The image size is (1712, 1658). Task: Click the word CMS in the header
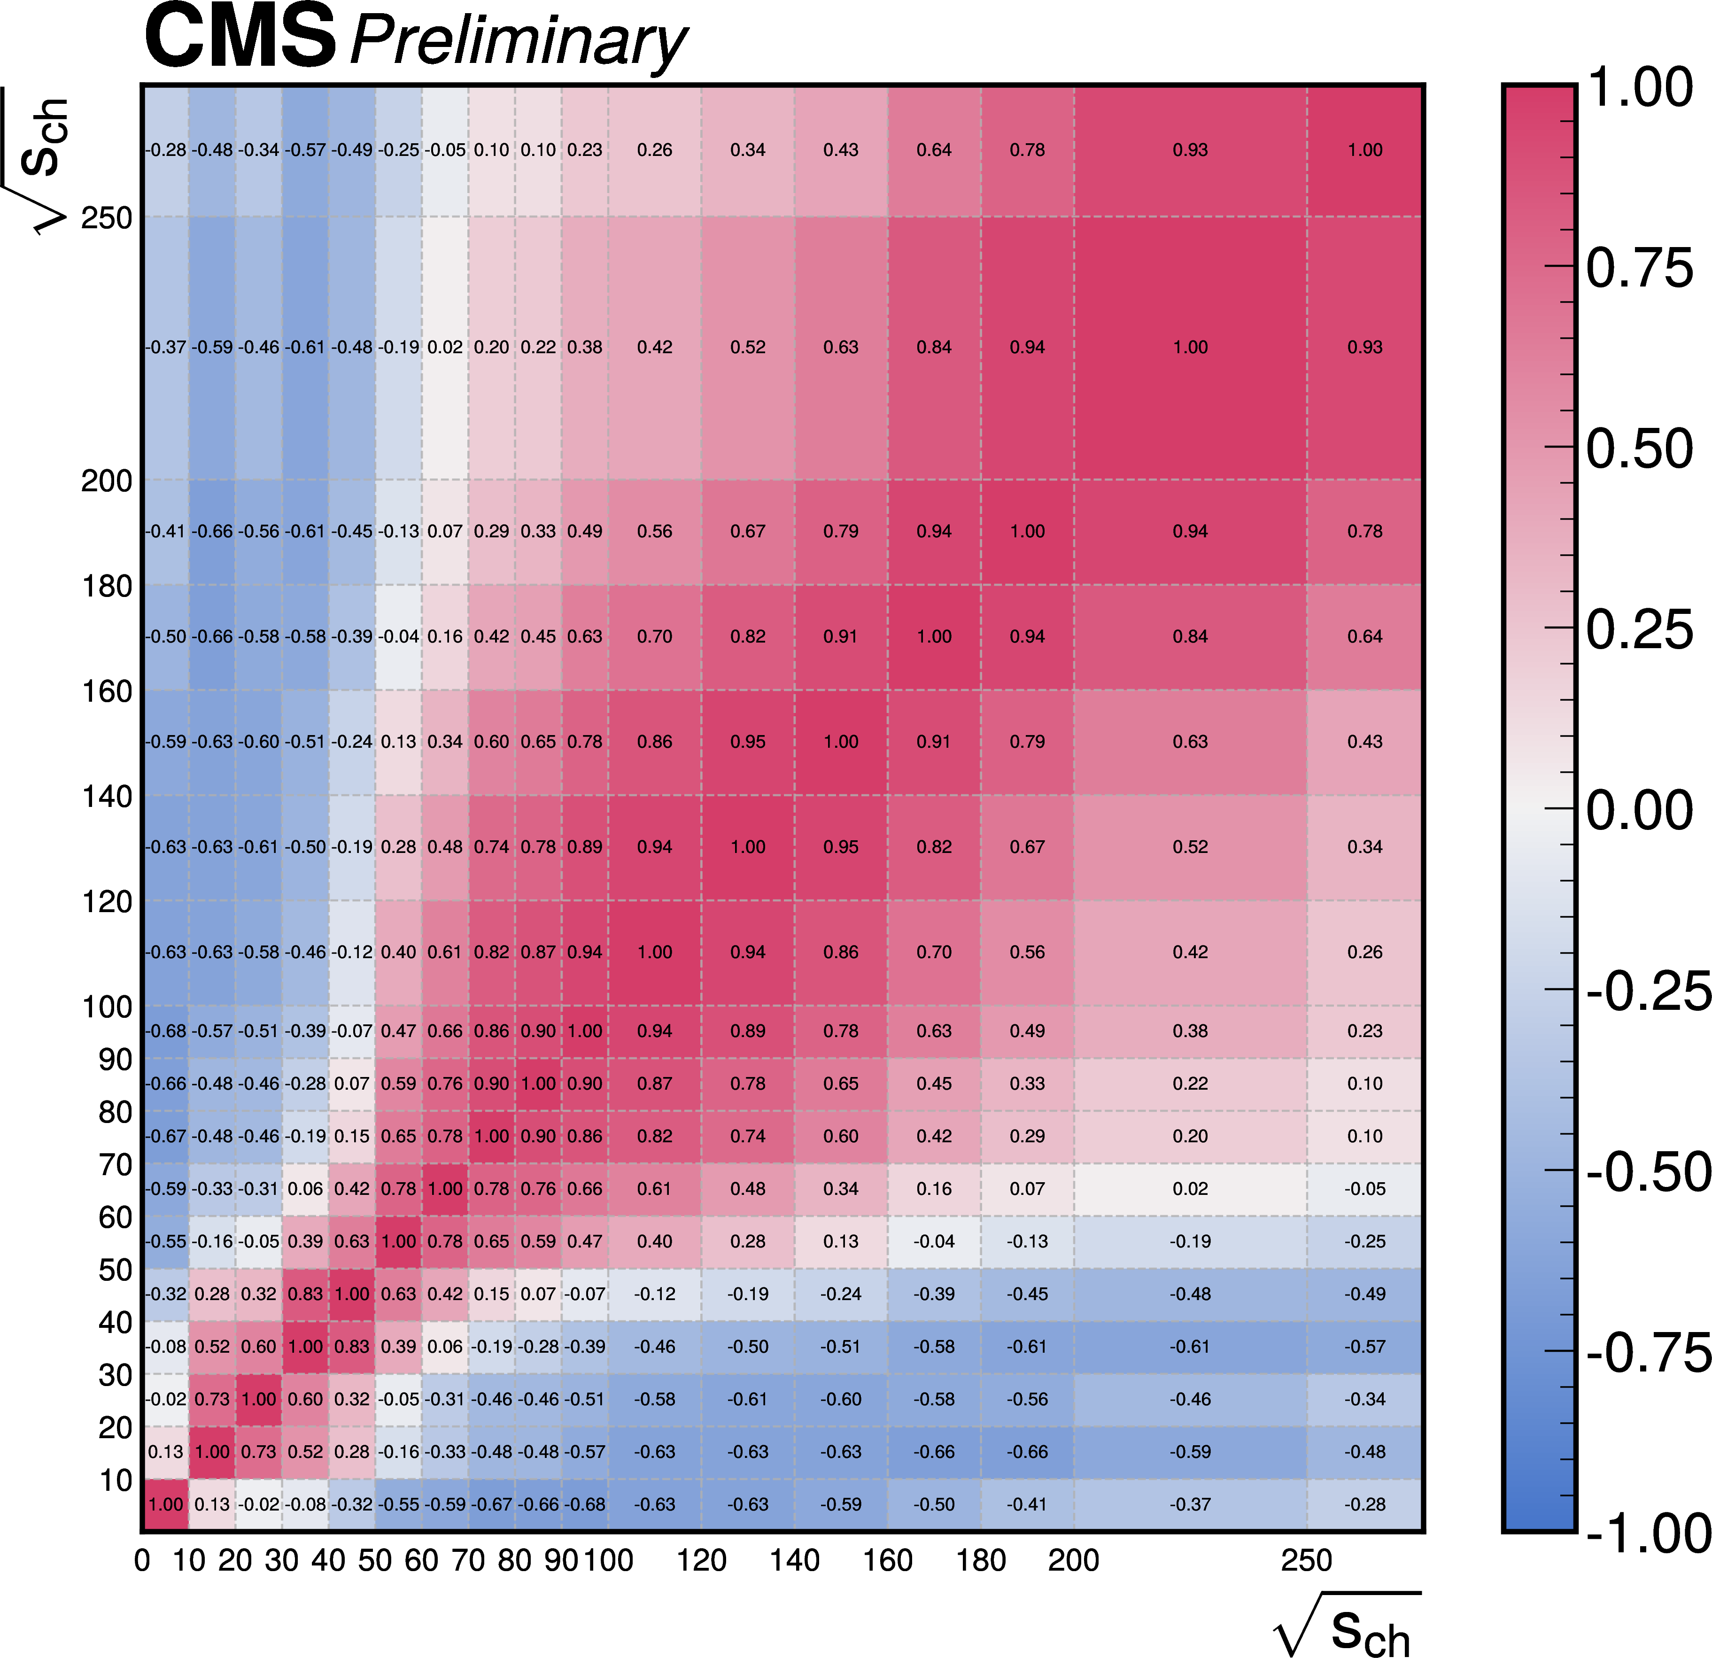pyautogui.click(x=240, y=37)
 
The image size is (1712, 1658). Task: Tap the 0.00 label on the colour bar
pyautogui.click(x=1639, y=810)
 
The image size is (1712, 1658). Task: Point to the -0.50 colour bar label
pyautogui.click(x=1647, y=1171)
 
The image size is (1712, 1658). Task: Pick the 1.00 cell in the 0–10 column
pyautogui.click(x=165, y=1504)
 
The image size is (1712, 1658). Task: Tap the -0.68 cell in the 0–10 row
pyautogui.click(x=584, y=1504)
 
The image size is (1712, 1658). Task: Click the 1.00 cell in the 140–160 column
pyautogui.click(x=840, y=742)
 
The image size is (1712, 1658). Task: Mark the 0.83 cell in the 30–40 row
pyautogui.click(x=352, y=1346)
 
